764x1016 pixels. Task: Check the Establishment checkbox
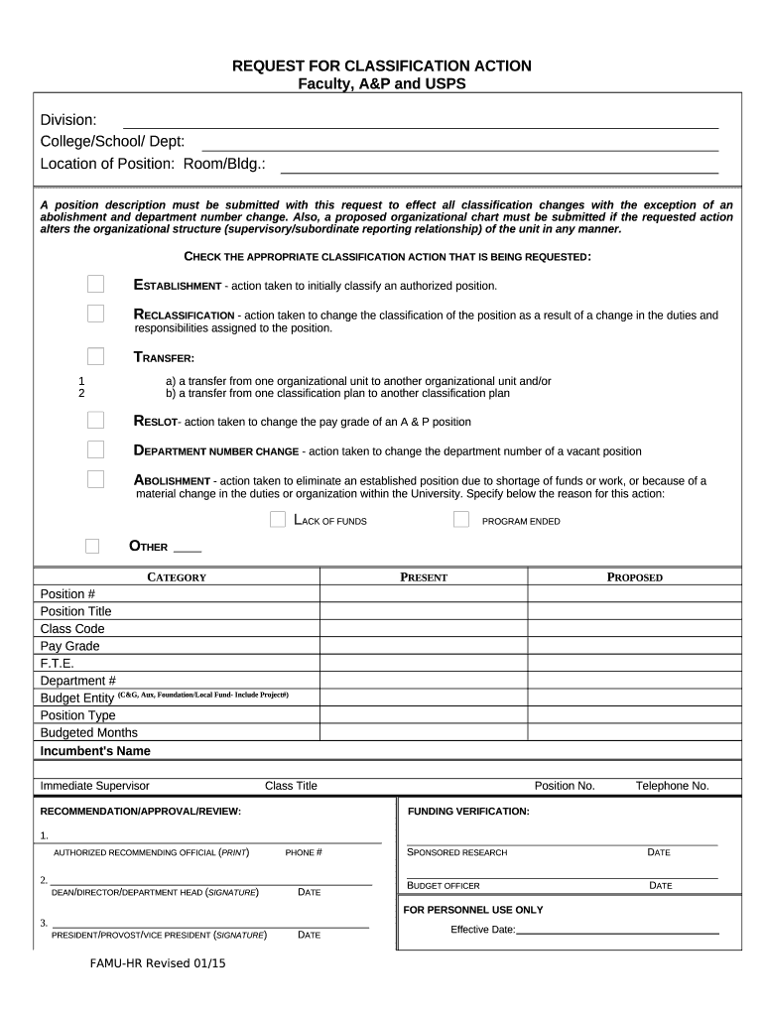tap(95, 285)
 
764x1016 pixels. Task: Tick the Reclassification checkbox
tap(95, 314)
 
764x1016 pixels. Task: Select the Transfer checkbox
tap(95, 356)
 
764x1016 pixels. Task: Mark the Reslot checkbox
tap(95, 420)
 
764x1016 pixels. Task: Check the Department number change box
tap(95, 449)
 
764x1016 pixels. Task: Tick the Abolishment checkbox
tap(95, 479)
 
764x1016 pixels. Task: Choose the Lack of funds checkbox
tap(278, 520)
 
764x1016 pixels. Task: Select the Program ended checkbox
tap(461, 520)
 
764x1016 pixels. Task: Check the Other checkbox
tap(92, 546)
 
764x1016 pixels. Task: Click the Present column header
tap(424, 577)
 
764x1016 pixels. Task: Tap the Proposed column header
tap(635, 577)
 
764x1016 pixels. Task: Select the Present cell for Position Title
tap(424, 611)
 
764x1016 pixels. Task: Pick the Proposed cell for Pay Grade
tap(635, 646)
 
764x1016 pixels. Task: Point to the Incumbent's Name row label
tap(95, 751)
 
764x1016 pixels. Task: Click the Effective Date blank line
tap(617, 930)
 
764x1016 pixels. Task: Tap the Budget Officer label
tap(444, 885)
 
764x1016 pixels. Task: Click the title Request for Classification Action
tap(382, 66)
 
